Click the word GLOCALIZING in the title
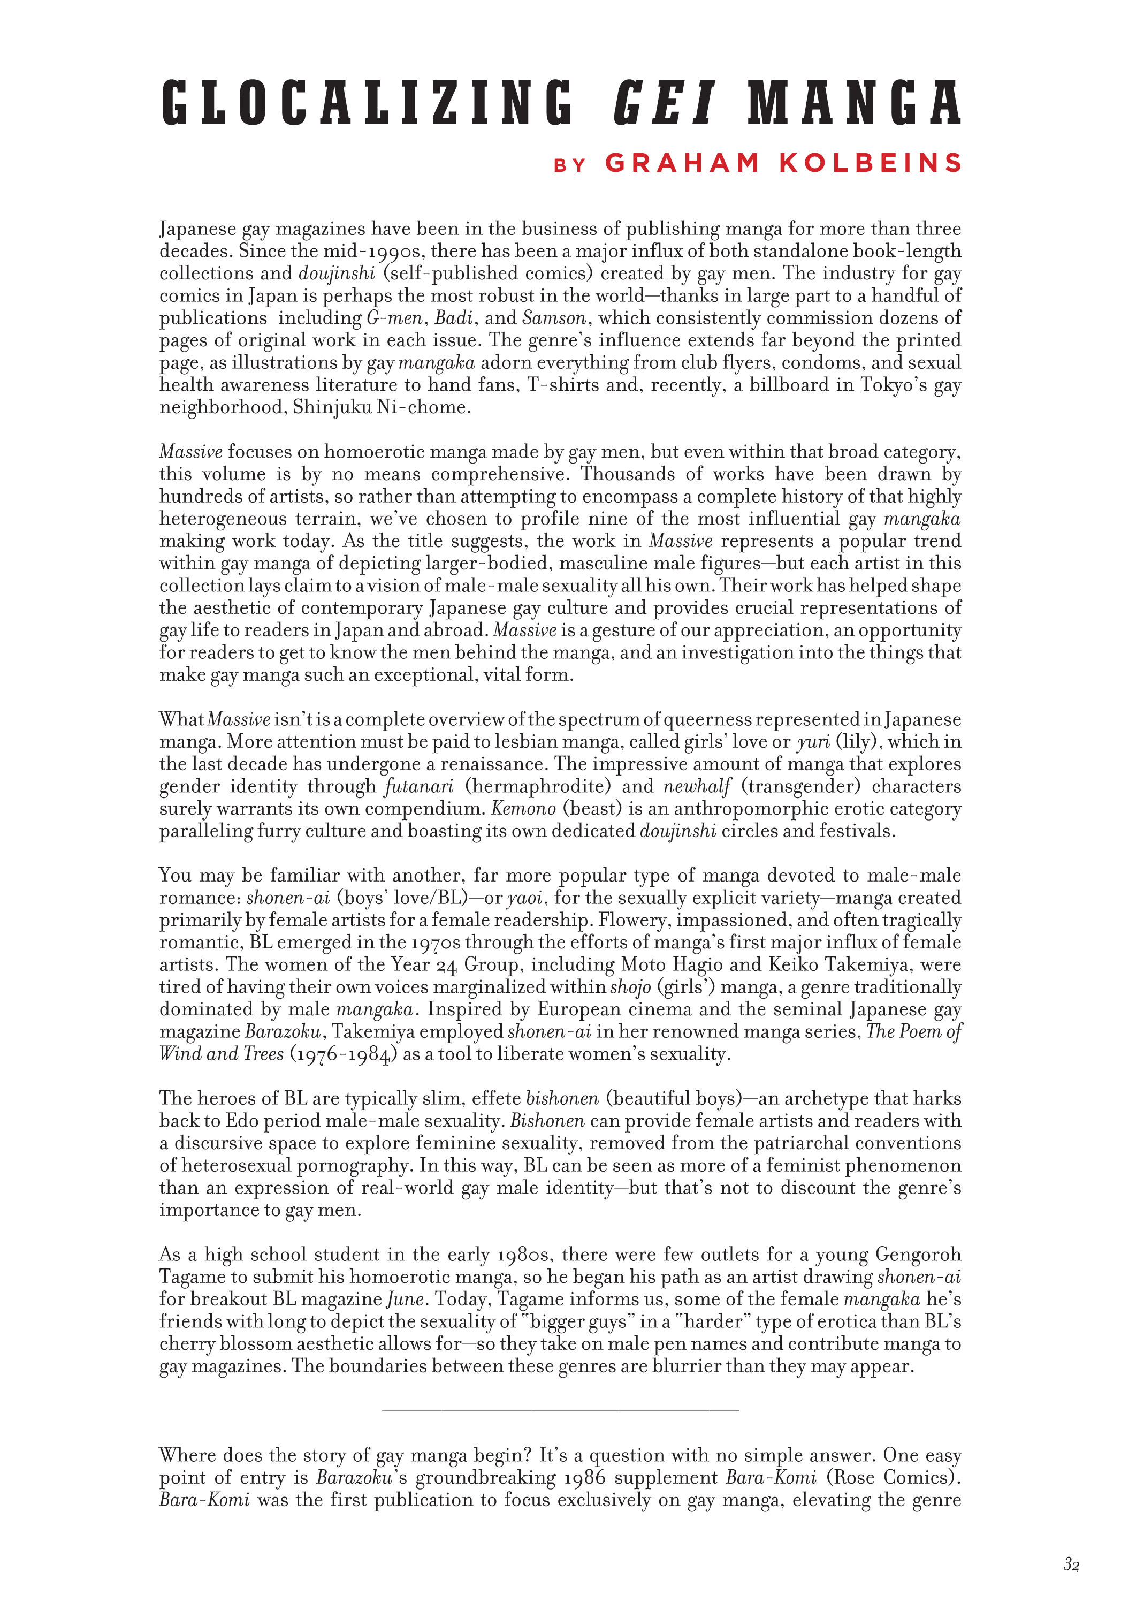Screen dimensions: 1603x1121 click(x=367, y=103)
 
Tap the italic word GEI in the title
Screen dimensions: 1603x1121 click(x=664, y=103)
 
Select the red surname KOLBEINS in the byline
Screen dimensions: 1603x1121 click(x=871, y=163)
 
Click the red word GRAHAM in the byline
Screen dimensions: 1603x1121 click(x=682, y=163)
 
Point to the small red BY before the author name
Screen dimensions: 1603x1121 click(x=569, y=165)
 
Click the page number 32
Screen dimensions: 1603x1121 click(x=1071, y=1564)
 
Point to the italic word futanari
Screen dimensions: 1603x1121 click(x=419, y=787)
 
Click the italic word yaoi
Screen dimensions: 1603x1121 click(x=525, y=899)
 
